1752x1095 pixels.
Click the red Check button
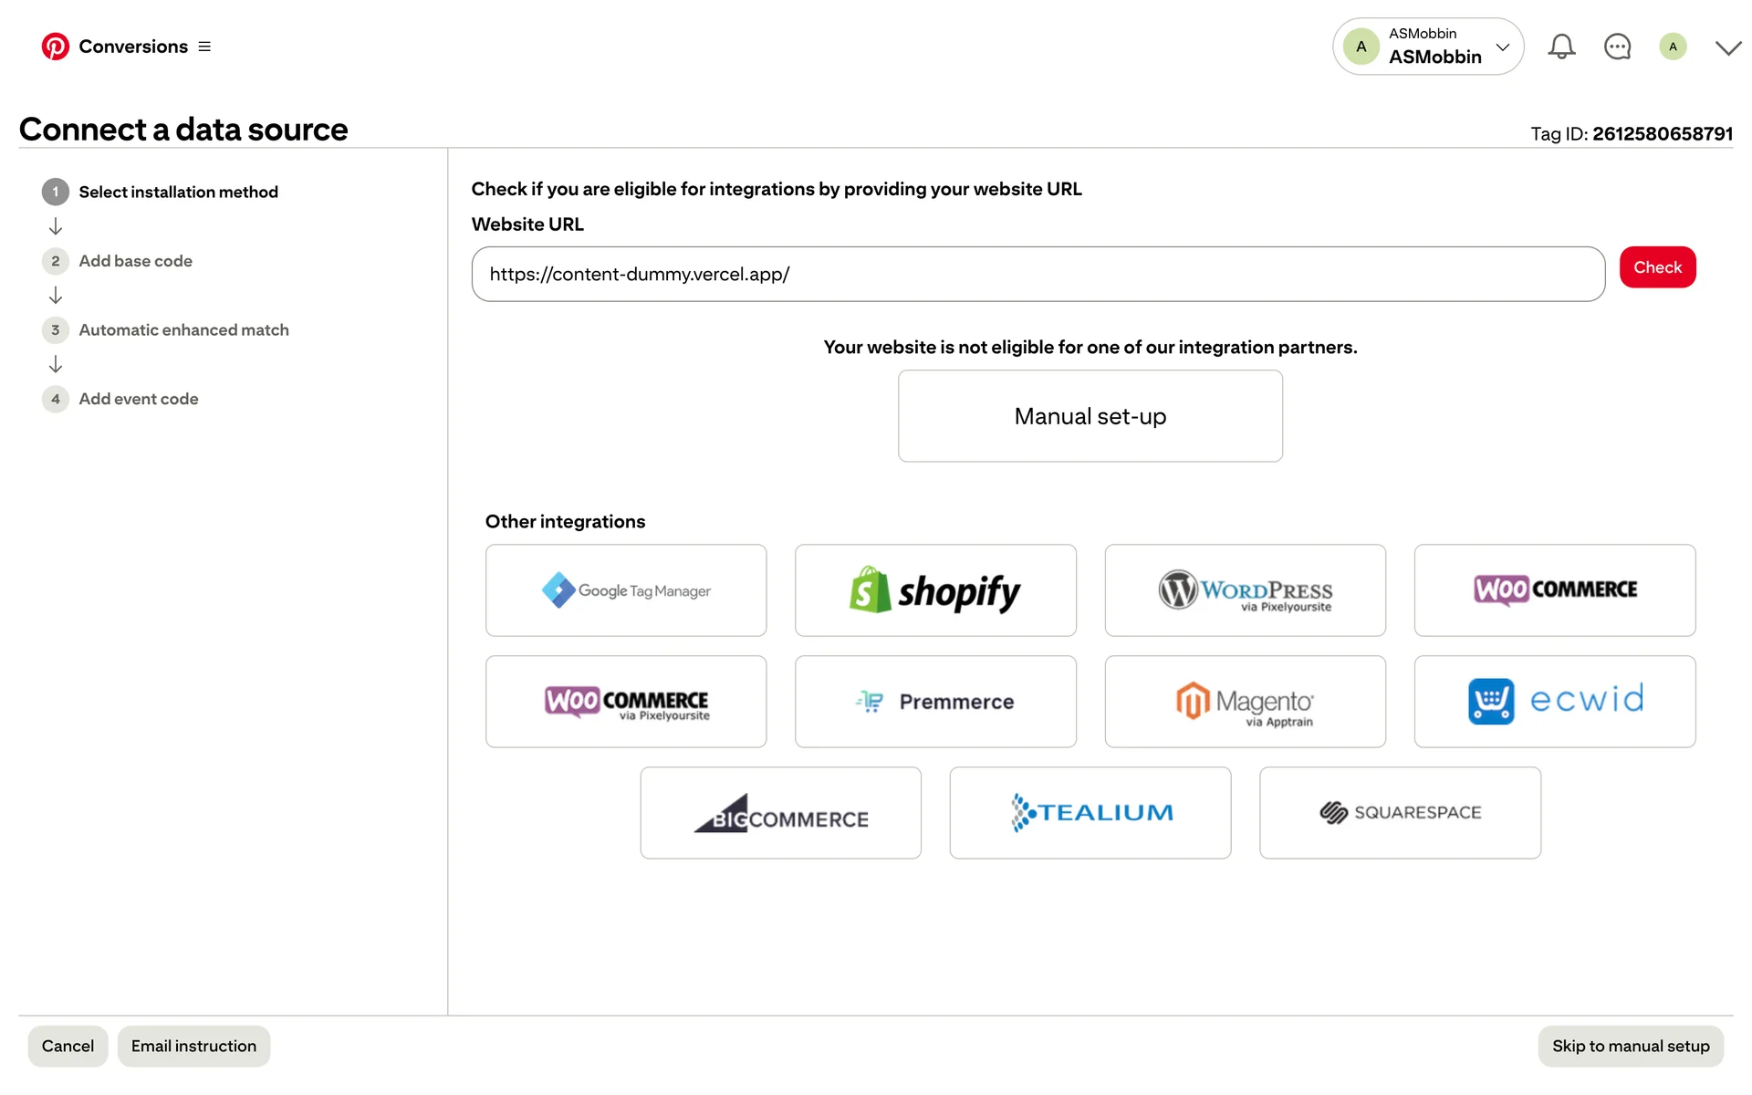pos(1657,267)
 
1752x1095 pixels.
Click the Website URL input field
pos(1038,274)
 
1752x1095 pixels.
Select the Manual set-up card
pos(1090,416)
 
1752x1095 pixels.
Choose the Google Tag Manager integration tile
pos(626,590)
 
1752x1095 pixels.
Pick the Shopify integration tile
pos(935,590)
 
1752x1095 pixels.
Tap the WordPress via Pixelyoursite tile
pos(1245,590)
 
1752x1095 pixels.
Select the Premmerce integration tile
pos(935,702)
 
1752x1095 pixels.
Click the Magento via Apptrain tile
pos(1245,702)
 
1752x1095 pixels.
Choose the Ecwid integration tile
pos(1554,702)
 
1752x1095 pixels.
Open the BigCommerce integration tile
pos(780,813)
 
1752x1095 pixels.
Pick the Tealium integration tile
pos(1090,813)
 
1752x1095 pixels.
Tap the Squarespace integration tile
pos(1400,813)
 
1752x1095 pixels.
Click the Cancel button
pos(68,1046)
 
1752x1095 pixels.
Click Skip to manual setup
pos(1631,1046)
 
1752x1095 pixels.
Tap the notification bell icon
pos(1561,47)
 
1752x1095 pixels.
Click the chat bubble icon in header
pos(1617,47)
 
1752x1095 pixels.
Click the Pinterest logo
pos(56,47)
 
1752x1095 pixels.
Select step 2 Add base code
pos(135,261)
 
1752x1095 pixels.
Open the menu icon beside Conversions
pos(204,47)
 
